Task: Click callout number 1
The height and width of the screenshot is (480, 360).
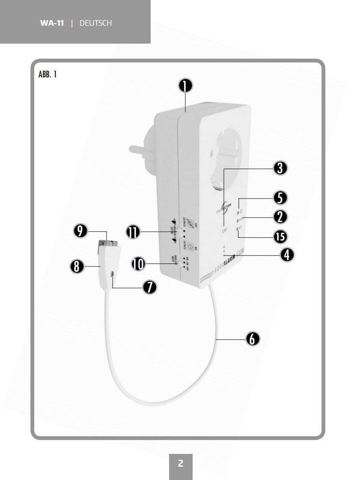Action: pos(185,86)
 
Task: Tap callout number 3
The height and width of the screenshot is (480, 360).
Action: pos(280,168)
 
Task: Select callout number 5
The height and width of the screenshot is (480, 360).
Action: pos(280,198)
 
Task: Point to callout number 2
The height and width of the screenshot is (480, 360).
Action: pos(280,217)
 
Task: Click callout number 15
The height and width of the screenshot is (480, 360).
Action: pos(280,236)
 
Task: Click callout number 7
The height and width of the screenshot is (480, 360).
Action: pos(149,287)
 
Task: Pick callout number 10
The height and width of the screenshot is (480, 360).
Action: pos(138,264)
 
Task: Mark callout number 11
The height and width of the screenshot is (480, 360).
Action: pos(133,231)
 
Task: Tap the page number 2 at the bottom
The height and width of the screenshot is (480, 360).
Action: pos(181,464)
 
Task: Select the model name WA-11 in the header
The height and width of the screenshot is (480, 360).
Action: pos(52,23)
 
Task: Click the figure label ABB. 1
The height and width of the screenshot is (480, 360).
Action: pos(48,75)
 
